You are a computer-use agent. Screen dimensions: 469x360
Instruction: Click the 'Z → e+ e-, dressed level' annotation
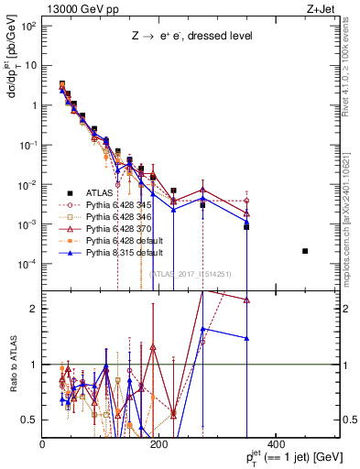[x=191, y=38]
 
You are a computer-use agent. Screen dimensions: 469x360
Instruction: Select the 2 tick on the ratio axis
[x=36, y=309]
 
